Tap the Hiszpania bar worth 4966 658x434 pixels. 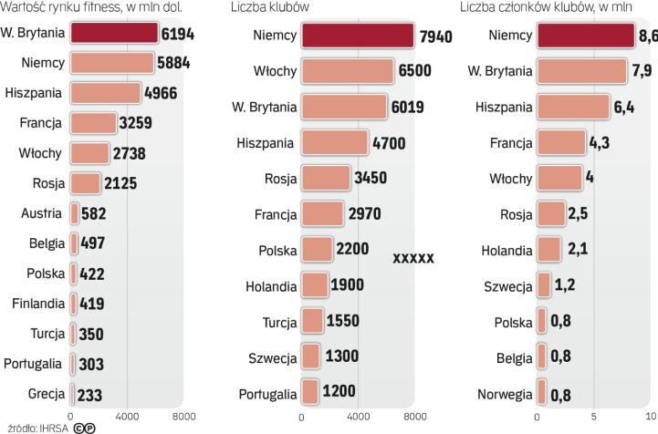tap(105, 93)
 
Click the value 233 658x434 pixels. tap(90, 394)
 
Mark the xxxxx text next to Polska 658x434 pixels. tap(413, 259)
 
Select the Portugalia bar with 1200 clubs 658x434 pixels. tap(310, 393)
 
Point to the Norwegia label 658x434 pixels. tap(505, 394)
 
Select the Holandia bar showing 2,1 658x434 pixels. tap(549, 250)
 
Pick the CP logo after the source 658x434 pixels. tap(85, 426)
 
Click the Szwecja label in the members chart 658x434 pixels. tap(507, 287)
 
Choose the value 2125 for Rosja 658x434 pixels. tap(120, 183)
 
